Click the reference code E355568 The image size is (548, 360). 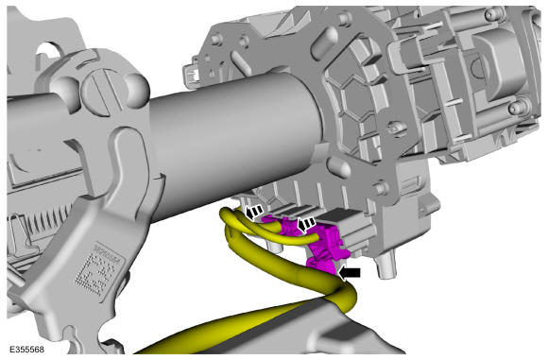tap(26, 350)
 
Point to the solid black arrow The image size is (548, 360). tap(350, 273)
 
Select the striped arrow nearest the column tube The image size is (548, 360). tap(253, 213)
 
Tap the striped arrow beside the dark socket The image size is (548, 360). tap(306, 225)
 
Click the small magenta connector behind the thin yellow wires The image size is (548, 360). tap(280, 225)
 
